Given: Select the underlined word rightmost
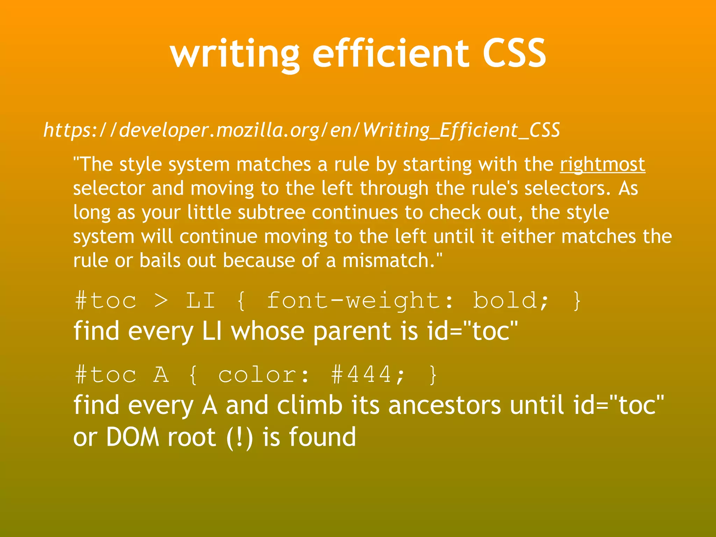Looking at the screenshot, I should pos(602,164).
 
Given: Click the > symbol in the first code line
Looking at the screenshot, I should pos(161,301).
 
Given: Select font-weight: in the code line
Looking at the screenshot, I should pos(360,301).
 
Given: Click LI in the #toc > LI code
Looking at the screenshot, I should pos(200,301).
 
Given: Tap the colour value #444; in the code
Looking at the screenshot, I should pos(368,375).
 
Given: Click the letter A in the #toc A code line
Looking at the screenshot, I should pos(161,375).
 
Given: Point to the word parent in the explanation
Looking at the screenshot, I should pos(352,331).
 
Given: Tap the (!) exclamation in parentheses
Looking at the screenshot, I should pos(239,437).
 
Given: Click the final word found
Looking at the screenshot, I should pos(322,437).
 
